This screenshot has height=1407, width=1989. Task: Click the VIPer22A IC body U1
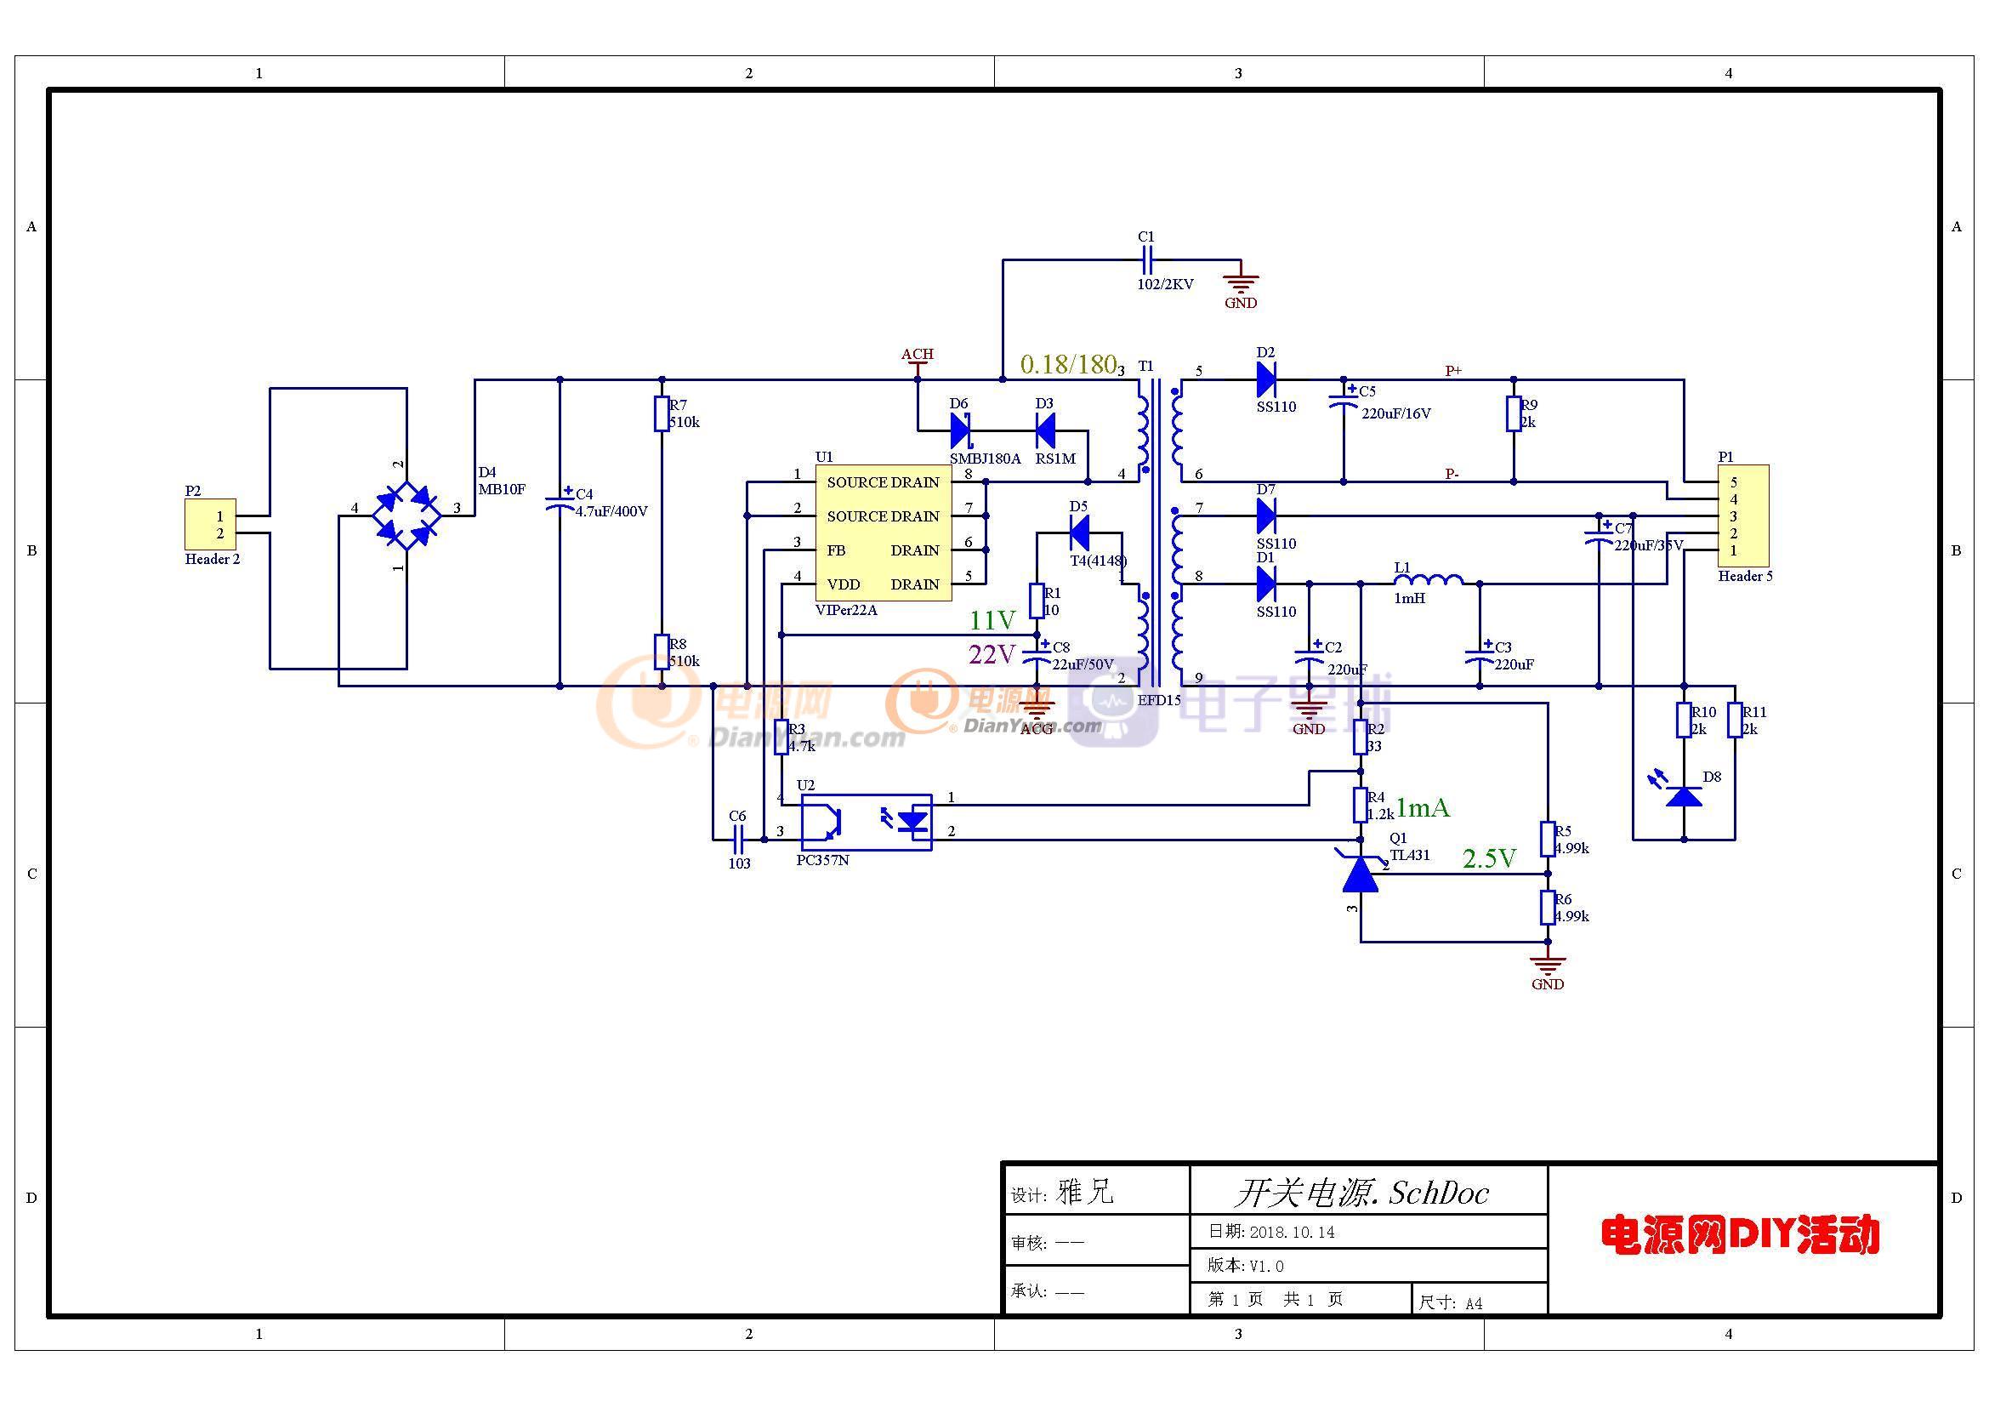(x=883, y=533)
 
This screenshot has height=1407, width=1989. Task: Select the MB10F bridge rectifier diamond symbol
(x=406, y=516)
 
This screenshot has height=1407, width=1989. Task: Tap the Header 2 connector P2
(x=210, y=524)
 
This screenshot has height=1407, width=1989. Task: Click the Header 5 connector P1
(x=1743, y=516)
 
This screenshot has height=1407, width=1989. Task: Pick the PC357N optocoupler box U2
(x=866, y=823)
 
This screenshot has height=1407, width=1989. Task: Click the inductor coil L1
(x=1429, y=579)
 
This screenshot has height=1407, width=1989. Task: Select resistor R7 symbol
(x=662, y=414)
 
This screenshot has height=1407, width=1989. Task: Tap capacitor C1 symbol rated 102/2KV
(x=1147, y=259)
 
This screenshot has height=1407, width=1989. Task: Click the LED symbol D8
(x=1684, y=795)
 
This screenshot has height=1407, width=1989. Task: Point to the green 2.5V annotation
(x=1489, y=858)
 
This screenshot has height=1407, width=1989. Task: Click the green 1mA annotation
(x=1423, y=808)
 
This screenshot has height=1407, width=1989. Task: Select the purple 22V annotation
(x=992, y=654)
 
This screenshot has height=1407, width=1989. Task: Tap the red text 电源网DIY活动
(x=1740, y=1235)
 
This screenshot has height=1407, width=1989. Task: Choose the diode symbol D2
(x=1265, y=379)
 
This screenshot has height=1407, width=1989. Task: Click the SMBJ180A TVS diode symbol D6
(x=960, y=430)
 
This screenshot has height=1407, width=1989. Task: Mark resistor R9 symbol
(x=1514, y=414)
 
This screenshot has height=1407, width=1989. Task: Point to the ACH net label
(x=917, y=355)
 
